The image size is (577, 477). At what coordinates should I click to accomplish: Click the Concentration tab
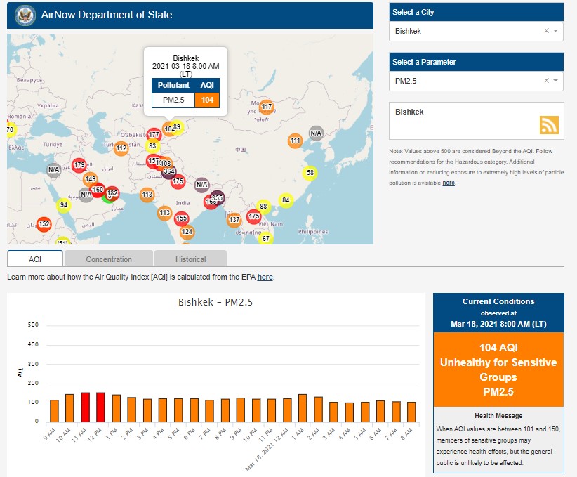coord(109,259)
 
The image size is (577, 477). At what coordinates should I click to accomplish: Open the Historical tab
coord(190,259)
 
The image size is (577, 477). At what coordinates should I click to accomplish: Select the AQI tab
coord(35,259)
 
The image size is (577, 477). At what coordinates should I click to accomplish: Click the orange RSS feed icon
coord(549,124)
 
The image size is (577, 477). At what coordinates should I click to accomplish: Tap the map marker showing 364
coord(168,171)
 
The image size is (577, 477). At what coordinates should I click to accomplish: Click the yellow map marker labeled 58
coord(310,172)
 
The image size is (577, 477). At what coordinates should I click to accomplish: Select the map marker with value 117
coord(266,107)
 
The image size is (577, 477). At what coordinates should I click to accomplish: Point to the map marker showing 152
coord(44,225)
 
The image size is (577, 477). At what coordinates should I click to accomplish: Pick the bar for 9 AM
coord(54,410)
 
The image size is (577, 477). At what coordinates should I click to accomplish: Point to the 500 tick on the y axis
coord(33,325)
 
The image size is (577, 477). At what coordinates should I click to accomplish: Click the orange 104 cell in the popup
coord(207,100)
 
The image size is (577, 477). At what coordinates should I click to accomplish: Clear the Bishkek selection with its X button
coord(546,31)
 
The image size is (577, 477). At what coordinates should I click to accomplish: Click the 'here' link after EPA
coord(265,277)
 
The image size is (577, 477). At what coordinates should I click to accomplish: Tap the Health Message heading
coord(498,416)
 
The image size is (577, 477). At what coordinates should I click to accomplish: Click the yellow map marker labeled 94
coord(64,206)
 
